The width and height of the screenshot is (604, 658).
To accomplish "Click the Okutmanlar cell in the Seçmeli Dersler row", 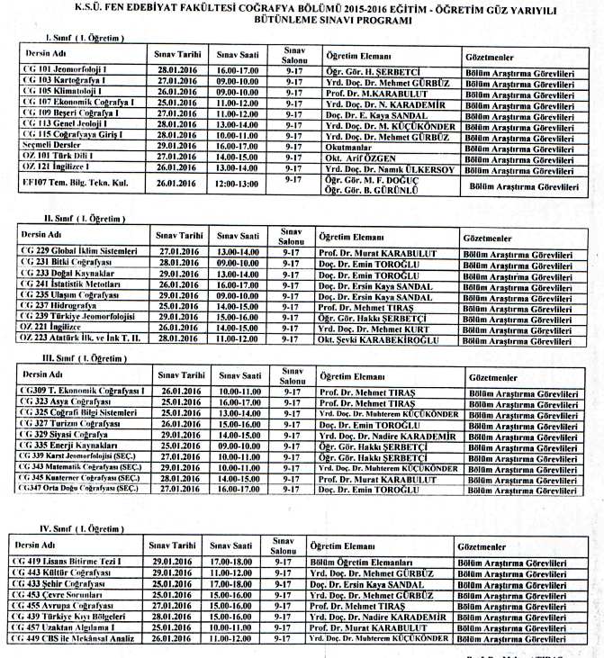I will click(348, 144).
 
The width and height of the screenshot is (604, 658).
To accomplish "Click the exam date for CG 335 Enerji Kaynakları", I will click(181, 445).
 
